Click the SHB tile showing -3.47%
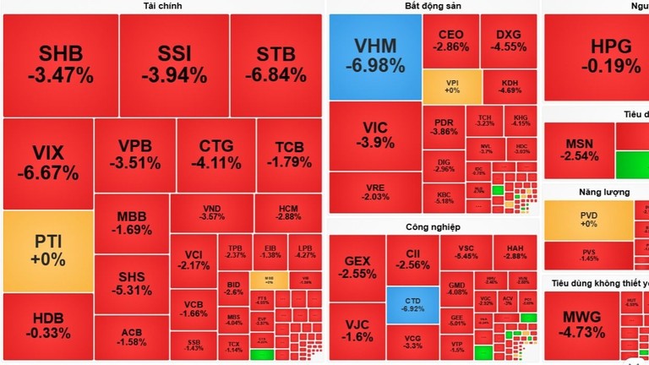59,64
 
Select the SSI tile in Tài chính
174,64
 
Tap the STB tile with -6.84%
275,64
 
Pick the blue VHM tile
374,56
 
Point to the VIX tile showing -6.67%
47,163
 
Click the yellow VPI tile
452,86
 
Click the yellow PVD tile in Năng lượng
588,220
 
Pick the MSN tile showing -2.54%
579,150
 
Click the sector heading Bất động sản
433,6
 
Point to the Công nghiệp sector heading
433,226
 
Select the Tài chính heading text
163,6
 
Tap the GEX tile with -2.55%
357,267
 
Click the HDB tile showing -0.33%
47,326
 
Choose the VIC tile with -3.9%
374,135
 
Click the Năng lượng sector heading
603,192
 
